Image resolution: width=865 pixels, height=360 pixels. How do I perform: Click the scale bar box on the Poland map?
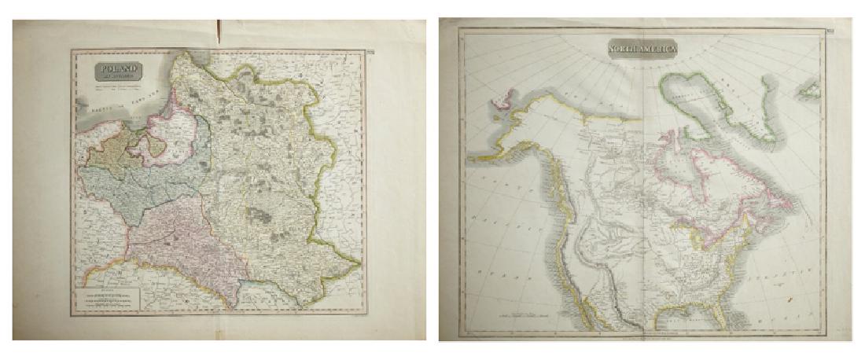[x=108, y=299]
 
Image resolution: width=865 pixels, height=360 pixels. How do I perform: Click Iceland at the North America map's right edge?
[x=808, y=93]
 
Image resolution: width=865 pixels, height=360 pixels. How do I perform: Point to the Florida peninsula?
[x=718, y=314]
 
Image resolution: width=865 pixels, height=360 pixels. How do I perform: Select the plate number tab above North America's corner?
[x=830, y=31]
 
